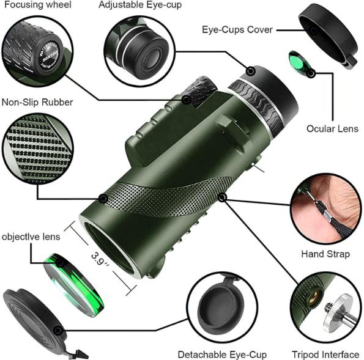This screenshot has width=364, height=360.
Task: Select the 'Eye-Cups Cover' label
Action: point(237,29)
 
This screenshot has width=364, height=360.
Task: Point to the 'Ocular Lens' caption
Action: point(332,129)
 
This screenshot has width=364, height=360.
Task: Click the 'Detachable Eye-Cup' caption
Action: point(222,354)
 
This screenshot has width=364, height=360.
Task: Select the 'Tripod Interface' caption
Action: point(325,354)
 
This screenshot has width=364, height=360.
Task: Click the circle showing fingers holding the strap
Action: point(325,211)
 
